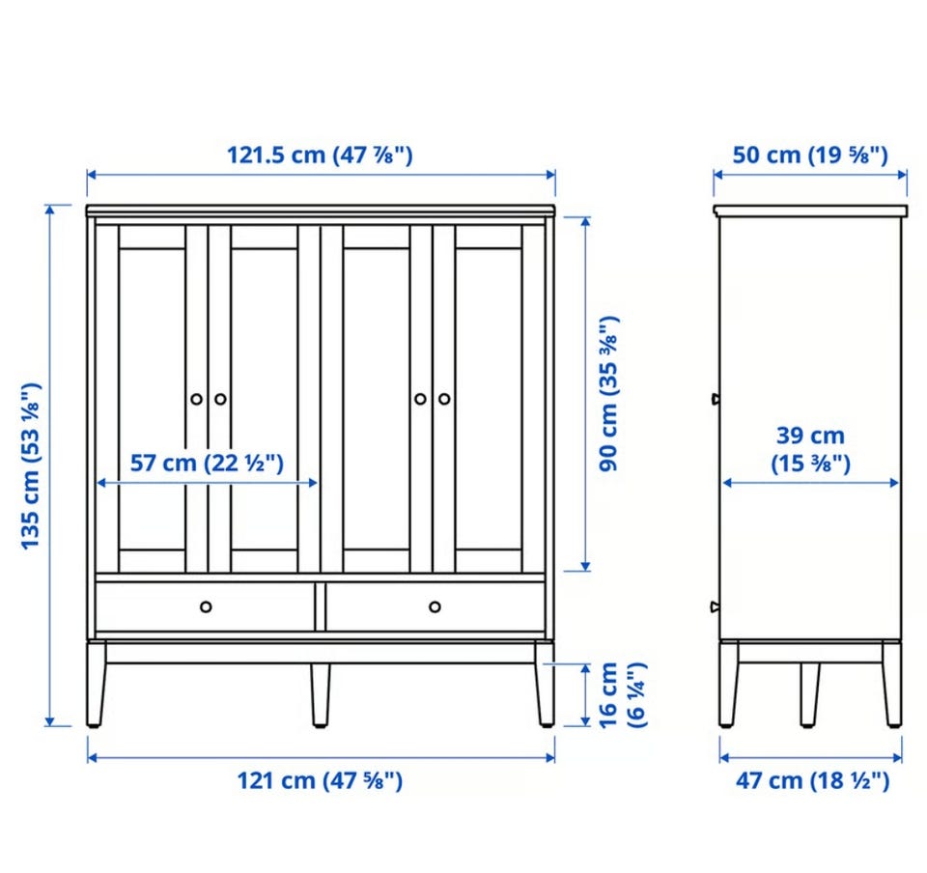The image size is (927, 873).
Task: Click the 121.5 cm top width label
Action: point(320,155)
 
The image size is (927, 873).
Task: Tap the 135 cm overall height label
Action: point(31,465)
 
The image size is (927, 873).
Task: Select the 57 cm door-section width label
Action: point(207,463)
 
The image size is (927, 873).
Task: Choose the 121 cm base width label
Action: point(320,781)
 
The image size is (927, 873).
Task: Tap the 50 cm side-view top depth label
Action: point(810,155)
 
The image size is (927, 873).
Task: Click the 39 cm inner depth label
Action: point(810,449)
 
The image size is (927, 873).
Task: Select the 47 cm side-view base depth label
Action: point(813,781)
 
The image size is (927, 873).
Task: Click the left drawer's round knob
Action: point(206,607)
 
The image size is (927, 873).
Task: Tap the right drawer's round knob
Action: point(435,607)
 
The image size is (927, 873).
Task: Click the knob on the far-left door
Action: point(196,399)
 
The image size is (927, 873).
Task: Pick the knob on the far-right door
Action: point(444,399)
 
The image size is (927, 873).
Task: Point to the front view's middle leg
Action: point(321,695)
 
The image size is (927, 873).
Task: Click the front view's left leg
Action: point(96,685)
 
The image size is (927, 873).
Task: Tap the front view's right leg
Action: point(545,685)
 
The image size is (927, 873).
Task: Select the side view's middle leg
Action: point(810,695)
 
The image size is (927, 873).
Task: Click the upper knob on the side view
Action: point(716,399)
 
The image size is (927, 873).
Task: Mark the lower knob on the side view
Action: point(716,607)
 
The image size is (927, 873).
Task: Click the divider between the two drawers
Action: point(320,607)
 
